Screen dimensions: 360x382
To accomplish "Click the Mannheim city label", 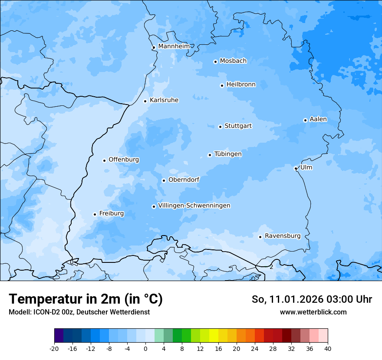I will point(174,46).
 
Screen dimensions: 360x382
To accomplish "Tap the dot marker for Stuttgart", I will point(220,127).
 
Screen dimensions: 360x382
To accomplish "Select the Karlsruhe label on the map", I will point(164,100).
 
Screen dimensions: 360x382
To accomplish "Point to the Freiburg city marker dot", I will point(95,214).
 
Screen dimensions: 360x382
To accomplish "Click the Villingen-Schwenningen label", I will point(194,206).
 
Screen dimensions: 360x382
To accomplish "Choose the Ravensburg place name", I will point(283,236).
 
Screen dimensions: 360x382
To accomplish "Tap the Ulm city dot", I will point(296,168).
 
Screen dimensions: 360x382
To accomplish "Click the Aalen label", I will point(318,119).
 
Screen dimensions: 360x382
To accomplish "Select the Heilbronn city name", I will point(241,85).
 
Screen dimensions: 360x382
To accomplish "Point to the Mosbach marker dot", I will point(215,62).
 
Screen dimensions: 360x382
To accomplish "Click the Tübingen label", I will point(228,154).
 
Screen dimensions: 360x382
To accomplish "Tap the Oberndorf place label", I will point(184,180).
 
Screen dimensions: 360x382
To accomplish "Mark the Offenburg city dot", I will point(104,160).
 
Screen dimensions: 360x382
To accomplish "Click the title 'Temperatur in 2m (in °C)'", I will point(86,299).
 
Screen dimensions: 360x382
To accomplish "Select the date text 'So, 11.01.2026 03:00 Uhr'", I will point(312,299).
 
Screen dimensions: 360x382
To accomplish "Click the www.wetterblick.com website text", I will point(313,312).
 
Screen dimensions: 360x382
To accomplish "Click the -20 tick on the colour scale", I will point(54,349).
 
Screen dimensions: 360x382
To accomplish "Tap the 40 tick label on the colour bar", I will point(328,349).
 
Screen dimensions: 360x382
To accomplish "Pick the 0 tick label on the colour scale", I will point(145,349).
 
